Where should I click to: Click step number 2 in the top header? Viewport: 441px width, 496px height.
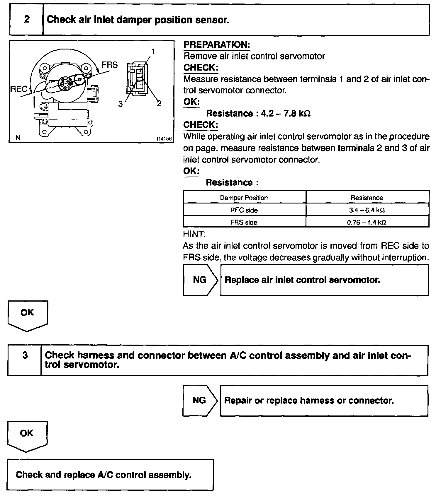27,20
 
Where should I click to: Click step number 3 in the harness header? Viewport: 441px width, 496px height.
25,355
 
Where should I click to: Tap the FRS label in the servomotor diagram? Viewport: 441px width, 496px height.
110,65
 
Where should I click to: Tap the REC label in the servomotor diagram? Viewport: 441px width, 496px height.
19,89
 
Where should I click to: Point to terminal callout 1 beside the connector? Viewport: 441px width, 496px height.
152,52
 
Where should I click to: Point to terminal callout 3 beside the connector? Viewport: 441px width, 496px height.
121,104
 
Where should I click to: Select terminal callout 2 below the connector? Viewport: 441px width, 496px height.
159,103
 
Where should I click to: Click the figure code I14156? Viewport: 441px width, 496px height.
164,138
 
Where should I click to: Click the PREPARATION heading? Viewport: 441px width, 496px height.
217,45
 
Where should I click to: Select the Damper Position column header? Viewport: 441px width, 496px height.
244,198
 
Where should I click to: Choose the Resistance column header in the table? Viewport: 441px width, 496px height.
367,198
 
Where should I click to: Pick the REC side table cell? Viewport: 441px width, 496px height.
244,210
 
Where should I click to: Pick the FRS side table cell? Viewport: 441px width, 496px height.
244,222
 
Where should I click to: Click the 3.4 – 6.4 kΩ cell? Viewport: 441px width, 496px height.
367,210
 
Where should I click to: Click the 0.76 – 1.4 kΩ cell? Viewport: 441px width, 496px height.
367,222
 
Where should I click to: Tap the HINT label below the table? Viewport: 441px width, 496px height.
194,234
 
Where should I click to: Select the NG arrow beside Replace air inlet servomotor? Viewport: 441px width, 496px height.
200,280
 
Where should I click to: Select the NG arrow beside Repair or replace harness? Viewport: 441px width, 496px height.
199,400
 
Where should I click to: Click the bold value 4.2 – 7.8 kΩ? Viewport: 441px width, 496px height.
286,113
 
